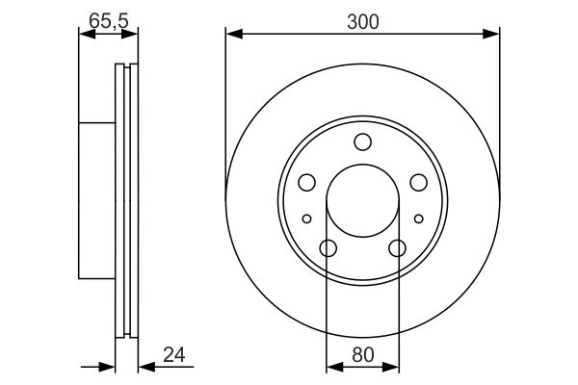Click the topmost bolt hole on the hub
(x=362, y=142)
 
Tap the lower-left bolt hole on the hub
(x=328, y=248)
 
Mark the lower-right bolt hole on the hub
(x=397, y=248)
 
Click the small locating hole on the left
(x=306, y=219)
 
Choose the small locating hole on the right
(x=418, y=219)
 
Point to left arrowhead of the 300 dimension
(x=232, y=35)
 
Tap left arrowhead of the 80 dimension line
(x=332, y=367)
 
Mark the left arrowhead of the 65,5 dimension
(x=84, y=35)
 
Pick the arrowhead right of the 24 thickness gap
(x=144, y=367)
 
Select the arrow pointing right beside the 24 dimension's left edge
(x=109, y=367)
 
